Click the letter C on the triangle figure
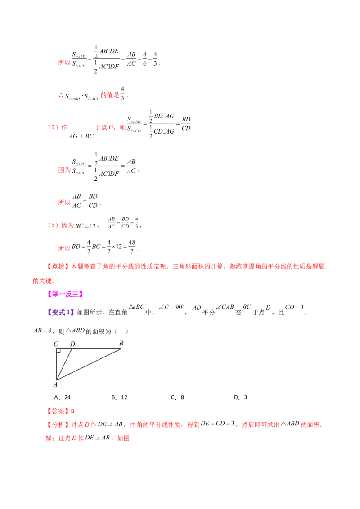click(56, 344)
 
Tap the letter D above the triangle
click(72, 344)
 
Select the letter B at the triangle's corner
click(121, 344)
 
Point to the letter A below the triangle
click(55, 384)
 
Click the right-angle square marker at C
click(58, 351)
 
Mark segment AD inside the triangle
click(64, 364)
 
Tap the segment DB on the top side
click(97, 348)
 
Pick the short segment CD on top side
click(64, 348)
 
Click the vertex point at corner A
click(56, 380)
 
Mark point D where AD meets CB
click(72, 348)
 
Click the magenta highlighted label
click(65, 294)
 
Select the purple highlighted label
click(61, 312)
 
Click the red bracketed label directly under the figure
click(58, 411)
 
